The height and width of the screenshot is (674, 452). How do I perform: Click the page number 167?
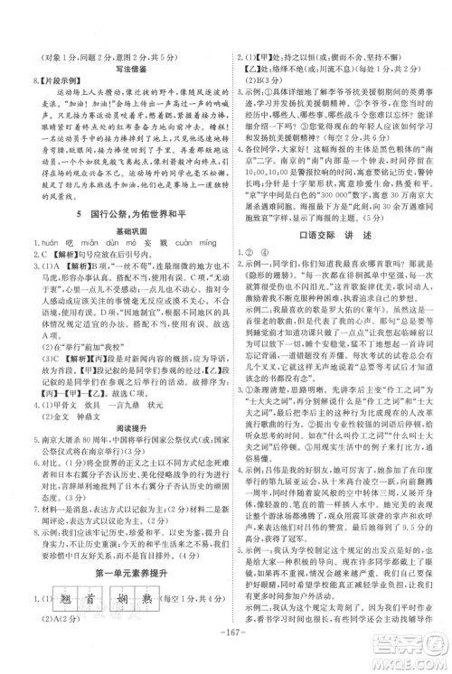226,661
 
